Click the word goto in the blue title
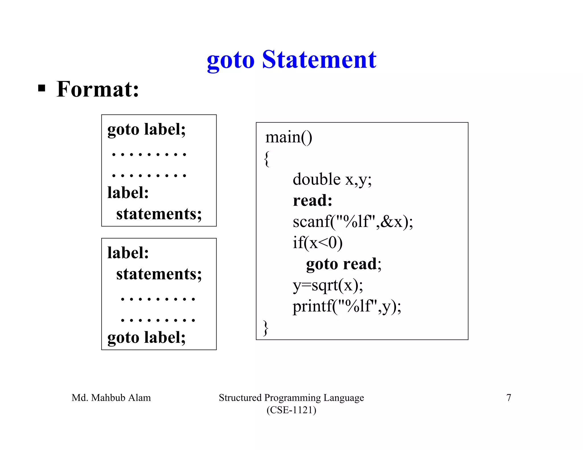[x=231, y=61]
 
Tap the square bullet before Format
[x=42, y=88]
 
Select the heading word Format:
[x=98, y=89]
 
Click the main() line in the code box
[x=289, y=137]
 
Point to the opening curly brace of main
[x=267, y=158]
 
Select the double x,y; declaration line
[x=332, y=179]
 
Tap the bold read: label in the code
[x=313, y=201]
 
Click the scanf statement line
[x=353, y=222]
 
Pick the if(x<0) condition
[x=317, y=243]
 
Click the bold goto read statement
[x=343, y=264]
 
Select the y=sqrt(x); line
[x=328, y=285]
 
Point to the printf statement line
[x=347, y=307]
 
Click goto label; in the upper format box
[x=146, y=130]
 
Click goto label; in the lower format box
[x=146, y=338]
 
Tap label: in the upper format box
[x=128, y=193]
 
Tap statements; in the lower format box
[x=159, y=274]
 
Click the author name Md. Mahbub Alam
[x=111, y=398]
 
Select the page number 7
[x=509, y=398]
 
